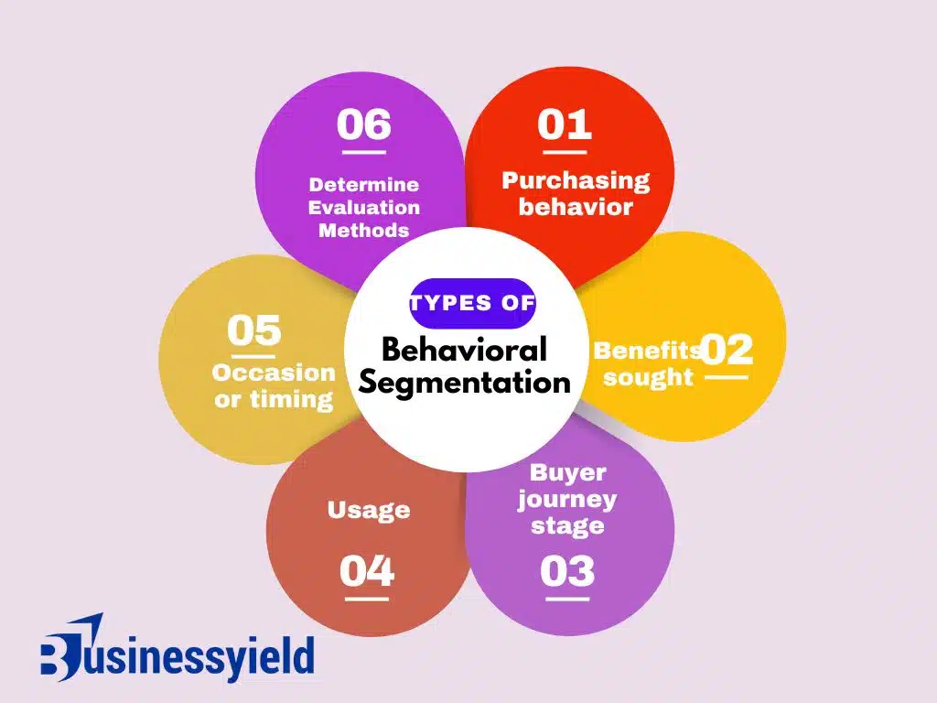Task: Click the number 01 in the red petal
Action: pyautogui.click(x=565, y=124)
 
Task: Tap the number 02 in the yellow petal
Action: pyautogui.click(x=727, y=349)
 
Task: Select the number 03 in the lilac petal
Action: pyautogui.click(x=567, y=571)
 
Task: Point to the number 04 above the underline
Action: pyautogui.click(x=367, y=571)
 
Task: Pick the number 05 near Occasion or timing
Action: pyautogui.click(x=254, y=330)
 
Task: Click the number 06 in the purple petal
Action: pyautogui.click(x=363, y=124)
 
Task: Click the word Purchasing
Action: pyautogui.click(x=576, y=180)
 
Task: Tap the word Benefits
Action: pyautogui.click(x=647, y=350)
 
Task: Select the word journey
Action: pyautogui.click(x=566, y=500)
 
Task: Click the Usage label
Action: pyautogui.click(x=369, y=509)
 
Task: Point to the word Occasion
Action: pyautogui.click(x=274, y=373)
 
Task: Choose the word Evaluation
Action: pyautogui.click(x=364, y=208)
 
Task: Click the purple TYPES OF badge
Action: pyautogui.click(x=472, y=303)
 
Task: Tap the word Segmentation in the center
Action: pyautogui.click(x=465, y=382)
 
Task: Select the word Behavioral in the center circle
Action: pyautogui.click(x=465, y=349)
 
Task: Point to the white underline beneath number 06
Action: pyautogui.click(x=362, y=153)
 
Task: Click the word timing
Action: pyautogui.click(x=299, y=400)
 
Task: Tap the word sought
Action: pyautogui.click(x=649, y=377)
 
